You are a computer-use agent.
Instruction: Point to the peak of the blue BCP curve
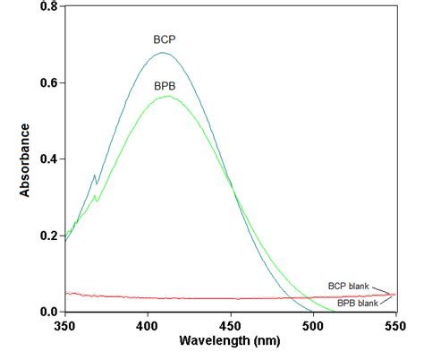[x=162, y=53]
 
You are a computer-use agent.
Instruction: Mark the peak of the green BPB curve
[x=167, y=96]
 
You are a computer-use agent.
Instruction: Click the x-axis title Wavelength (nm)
[x=230, y=340]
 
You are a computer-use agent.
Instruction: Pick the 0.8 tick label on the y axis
[x=47, y=7]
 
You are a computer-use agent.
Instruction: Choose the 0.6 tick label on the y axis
[x=47, y=83]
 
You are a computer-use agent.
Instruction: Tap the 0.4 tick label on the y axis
[x=47, y=159]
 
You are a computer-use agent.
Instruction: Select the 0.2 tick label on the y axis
[x=47, y=236]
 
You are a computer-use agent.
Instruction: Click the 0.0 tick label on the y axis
[x=47, y=312]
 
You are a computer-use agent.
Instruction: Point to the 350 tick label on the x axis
[x=64, y=325]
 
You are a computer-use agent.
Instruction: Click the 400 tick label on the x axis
[x=148, y=325]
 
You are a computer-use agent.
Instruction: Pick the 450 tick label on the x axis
[x=231, y=325]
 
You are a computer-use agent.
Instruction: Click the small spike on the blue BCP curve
[x=94, y=176]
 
